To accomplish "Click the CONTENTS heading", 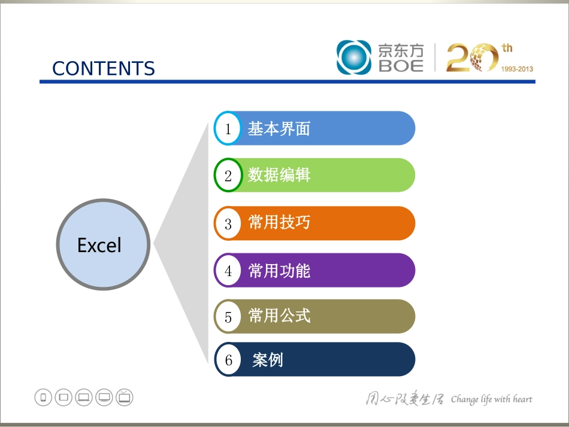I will [104, 68].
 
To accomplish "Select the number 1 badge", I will [228, 129].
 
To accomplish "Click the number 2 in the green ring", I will [228, 175].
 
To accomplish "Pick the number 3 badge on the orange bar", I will [228, 223].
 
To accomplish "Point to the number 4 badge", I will [228, 271].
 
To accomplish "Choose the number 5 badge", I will [228, 317].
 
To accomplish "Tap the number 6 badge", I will [228, 360].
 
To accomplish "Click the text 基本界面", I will [279, 129].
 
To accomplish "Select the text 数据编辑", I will [279, 175].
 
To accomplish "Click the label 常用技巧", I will [279, 223].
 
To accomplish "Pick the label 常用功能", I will [279, 271].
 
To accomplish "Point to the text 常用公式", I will [279, 316].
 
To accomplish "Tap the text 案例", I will [268, 360].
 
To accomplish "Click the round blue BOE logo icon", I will [354, 57].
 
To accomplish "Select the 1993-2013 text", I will [516, 69].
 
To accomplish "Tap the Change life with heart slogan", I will [491, 399].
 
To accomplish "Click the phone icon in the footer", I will [43, 397].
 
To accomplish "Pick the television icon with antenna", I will [125, 397].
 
